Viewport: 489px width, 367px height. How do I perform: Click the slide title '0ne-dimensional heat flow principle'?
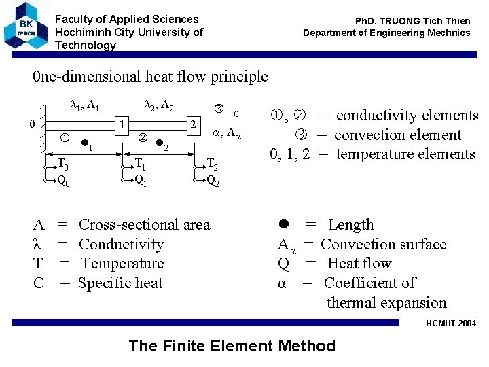pos(150,77)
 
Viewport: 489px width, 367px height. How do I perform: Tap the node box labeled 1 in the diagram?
pos(121,124)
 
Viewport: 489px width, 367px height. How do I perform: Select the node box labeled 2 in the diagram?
pos(194,124)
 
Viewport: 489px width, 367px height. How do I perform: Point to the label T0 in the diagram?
pos(62,164)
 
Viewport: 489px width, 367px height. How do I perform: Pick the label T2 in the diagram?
pos(211,164)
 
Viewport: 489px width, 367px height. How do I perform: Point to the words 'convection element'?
pos(397,135)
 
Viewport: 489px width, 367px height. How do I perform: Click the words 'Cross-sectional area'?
pos(145,225)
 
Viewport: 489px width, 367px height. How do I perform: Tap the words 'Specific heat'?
pos(120,283)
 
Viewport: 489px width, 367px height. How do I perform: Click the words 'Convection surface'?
pos(383,244)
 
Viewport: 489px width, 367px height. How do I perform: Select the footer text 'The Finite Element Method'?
pos(232,346)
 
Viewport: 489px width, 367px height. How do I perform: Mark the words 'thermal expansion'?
pos(386,303)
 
